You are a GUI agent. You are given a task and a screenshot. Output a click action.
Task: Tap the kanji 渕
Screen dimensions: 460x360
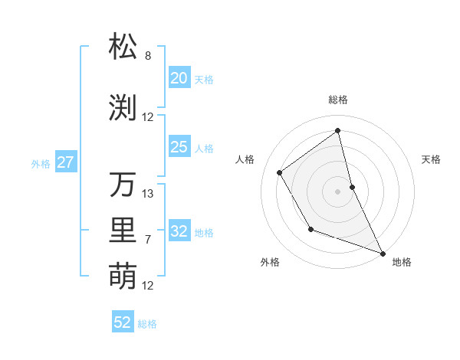tap(123, 108)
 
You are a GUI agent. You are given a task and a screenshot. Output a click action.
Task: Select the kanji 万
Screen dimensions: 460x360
tap(123, 185)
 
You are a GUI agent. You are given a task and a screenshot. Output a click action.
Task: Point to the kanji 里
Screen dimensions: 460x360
tap(123, 231)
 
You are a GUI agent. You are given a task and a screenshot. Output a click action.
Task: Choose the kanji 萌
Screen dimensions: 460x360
tap(123, 276)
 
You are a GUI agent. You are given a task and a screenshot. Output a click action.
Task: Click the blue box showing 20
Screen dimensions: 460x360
tap(179, 77)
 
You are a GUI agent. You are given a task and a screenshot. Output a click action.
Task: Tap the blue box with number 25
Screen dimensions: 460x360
tap(179, 147)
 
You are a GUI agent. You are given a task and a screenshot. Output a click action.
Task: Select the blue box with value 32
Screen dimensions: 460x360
tap(179, 231)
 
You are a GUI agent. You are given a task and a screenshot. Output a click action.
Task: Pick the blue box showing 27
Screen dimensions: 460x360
tap(66, 162)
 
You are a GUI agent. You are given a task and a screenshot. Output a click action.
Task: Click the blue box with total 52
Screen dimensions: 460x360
tap(123, 322)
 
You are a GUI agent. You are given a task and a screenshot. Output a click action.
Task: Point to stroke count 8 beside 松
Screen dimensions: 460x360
tap(148, 56)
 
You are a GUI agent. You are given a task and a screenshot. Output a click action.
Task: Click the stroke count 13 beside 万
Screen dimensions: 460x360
tap(148, 194)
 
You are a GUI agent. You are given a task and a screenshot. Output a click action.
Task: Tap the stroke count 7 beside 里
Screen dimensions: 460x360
tap(148, 240)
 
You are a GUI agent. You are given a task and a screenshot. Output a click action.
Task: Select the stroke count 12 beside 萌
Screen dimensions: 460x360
tap(148, 286)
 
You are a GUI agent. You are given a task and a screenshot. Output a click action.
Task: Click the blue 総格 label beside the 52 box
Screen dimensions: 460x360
tap(147, 324)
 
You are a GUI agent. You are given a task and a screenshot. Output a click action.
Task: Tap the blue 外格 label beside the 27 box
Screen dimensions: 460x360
tap(41, 164)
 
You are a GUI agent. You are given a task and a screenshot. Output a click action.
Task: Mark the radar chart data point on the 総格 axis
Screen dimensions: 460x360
tap(337, 129)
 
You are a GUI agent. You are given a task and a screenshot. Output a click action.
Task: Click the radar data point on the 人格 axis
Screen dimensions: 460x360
tap(280, 172)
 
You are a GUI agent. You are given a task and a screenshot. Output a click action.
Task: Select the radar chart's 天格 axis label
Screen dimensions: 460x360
tap(432, 159)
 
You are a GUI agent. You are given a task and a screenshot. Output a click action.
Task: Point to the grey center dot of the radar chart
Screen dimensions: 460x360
tap(337, 191)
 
